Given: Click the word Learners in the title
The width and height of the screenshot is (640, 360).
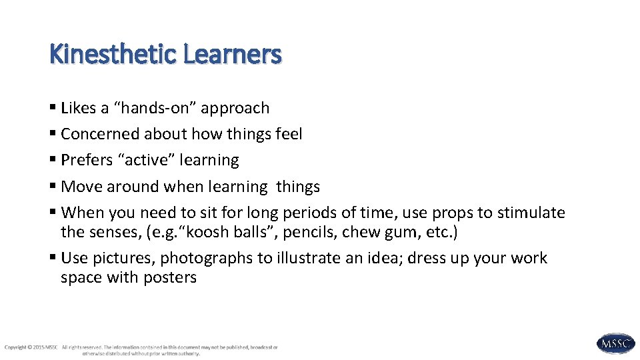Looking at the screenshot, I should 231,54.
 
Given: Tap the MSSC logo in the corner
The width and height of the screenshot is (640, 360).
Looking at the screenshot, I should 615,343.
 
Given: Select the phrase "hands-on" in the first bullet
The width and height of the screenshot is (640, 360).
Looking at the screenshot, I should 161,108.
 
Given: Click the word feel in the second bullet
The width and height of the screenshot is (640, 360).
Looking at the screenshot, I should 289,134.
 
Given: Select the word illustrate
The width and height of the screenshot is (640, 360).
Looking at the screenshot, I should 316,258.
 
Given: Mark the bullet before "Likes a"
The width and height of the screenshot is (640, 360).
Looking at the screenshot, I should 53,108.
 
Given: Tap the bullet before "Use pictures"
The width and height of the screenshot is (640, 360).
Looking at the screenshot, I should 53,258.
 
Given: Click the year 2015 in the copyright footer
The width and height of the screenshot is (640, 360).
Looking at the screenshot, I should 37,347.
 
